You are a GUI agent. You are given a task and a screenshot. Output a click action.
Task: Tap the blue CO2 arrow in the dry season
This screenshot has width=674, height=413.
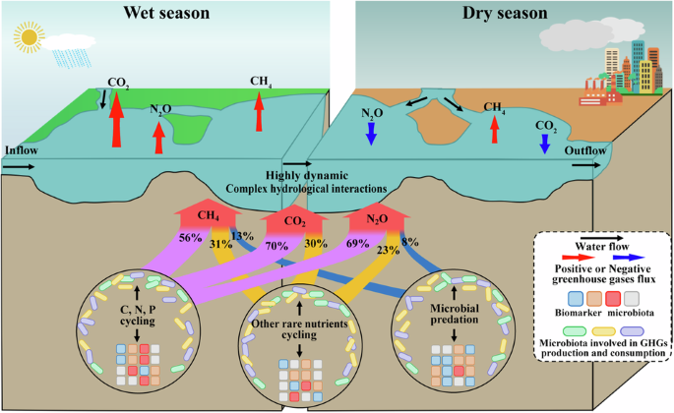[544, 144]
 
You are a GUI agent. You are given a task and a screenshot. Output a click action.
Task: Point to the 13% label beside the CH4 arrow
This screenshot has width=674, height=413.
[243, 237]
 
